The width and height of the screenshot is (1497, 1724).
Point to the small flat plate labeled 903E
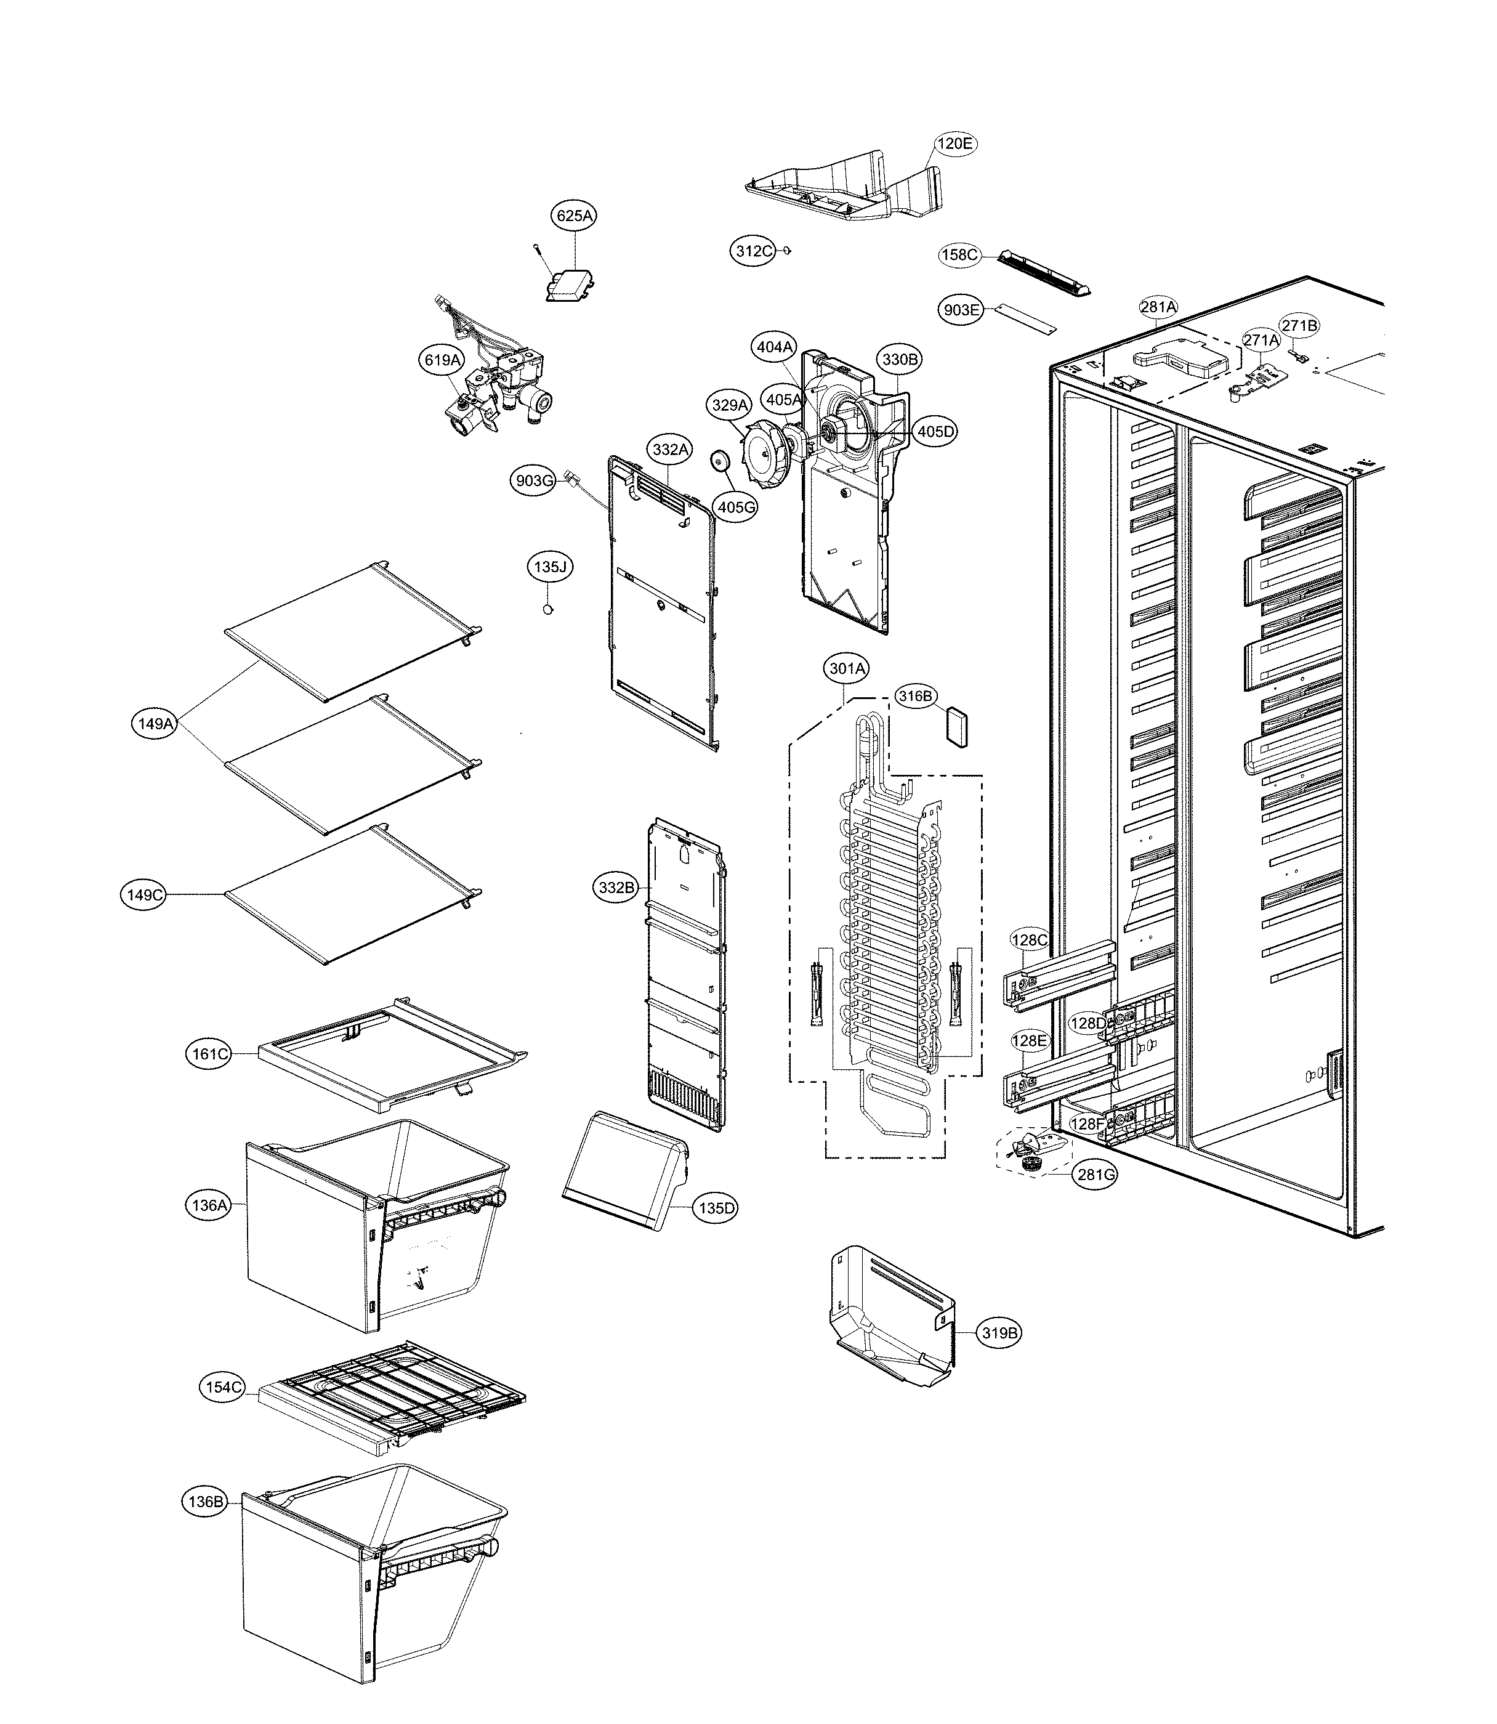point(1021,317)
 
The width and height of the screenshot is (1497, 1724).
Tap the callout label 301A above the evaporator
point(847,668)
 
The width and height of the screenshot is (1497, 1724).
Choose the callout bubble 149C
point(143,895)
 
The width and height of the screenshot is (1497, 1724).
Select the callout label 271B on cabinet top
point(1299,325)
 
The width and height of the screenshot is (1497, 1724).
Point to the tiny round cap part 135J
point(549,610)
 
